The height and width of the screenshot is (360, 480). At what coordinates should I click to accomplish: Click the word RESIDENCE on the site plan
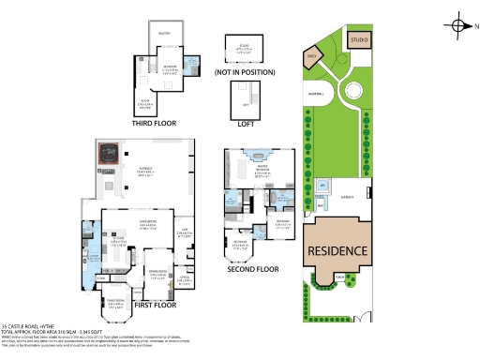343,251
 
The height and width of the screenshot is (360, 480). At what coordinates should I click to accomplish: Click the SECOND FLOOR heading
254,269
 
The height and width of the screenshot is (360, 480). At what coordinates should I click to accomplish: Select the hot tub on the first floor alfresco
110,154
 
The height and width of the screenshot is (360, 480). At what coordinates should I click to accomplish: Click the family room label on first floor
116,303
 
